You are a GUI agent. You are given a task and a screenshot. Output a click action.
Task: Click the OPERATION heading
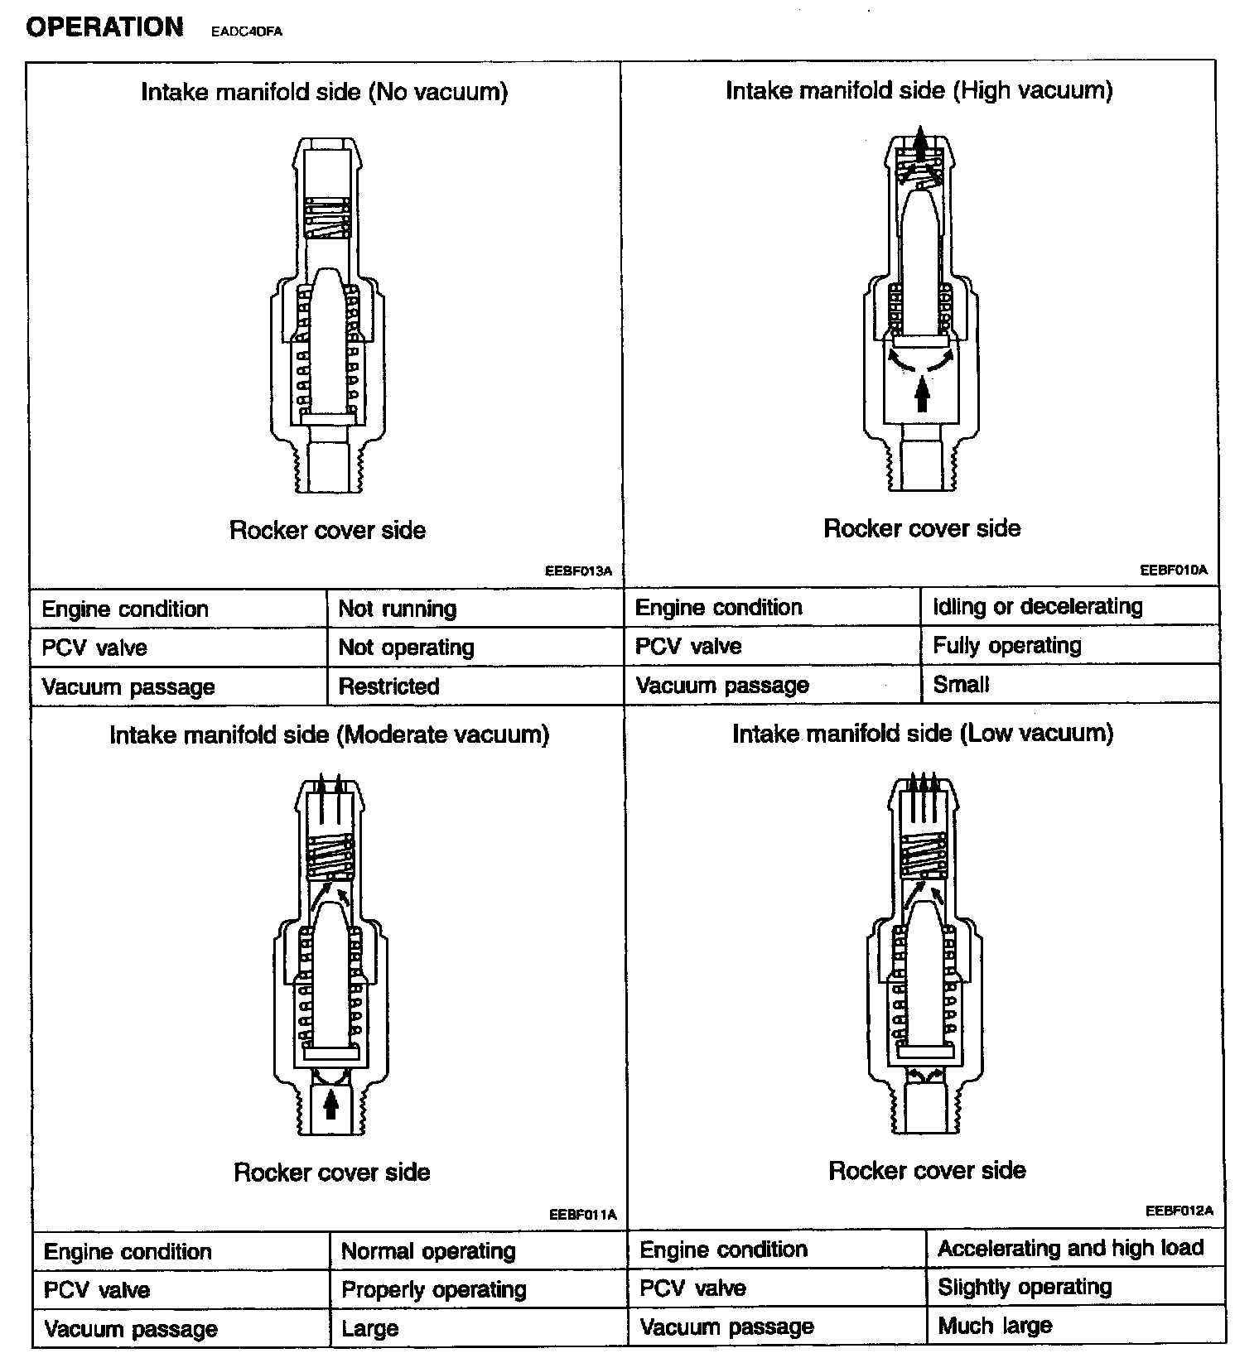point(104,27)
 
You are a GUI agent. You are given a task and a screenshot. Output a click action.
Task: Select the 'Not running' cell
point(398,609)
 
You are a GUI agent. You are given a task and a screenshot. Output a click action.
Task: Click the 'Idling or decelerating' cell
point(1037,607)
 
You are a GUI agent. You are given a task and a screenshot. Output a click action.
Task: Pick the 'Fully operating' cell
point(1006,646)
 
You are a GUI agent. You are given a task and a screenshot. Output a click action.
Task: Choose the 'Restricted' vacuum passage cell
point(388,686)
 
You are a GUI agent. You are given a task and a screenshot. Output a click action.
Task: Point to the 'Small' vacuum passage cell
point(961,685)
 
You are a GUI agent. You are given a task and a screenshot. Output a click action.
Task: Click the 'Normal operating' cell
point(427,1251)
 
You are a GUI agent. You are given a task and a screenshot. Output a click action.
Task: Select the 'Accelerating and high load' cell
point(1070,1248)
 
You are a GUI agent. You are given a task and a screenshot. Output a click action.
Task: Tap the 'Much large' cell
point(995,1326)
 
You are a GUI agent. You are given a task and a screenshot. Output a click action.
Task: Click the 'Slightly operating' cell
point(1025,1287)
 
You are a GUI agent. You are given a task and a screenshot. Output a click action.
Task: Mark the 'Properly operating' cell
point(433,1290)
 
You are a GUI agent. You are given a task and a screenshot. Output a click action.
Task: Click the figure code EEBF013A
point(578,571)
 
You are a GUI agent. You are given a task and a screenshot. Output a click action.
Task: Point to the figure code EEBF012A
point(1179,1211)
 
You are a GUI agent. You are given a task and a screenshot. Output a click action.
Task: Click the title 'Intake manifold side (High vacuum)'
point(919,90)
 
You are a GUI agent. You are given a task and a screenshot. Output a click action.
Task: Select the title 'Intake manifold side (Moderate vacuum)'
point(329,735)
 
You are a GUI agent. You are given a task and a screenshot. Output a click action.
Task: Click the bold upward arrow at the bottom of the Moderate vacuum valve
point(331,1104)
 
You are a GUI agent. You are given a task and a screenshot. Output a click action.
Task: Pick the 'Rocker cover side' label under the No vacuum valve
point(327,530)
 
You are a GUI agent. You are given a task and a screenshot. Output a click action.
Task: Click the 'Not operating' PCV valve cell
point(406,648)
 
